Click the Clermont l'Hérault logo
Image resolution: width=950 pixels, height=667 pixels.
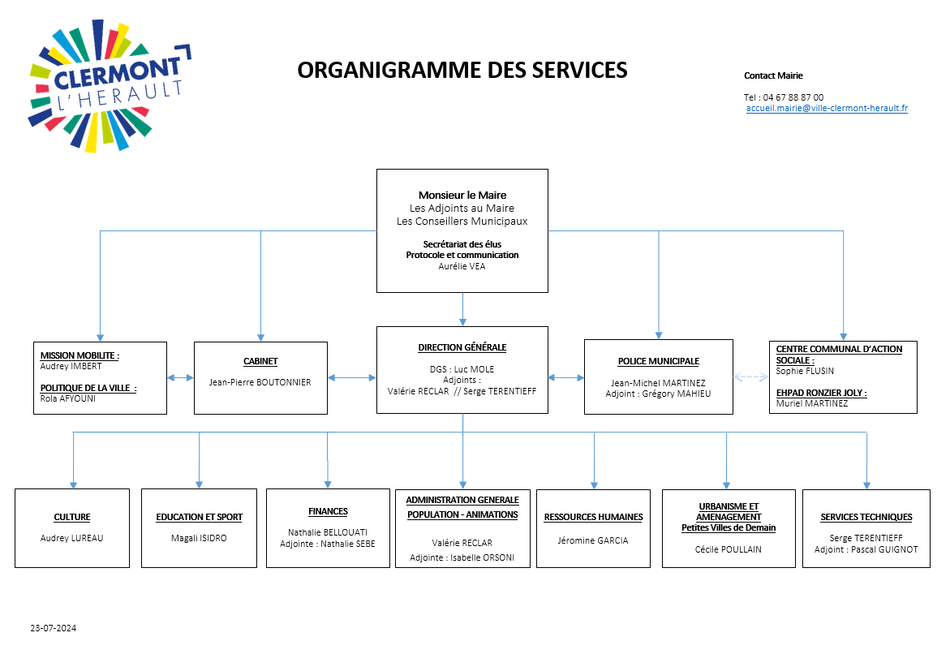(107, 84)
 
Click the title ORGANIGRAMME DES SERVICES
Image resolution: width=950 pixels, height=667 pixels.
(462, 71)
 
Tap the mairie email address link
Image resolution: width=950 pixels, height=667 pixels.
(827, 108)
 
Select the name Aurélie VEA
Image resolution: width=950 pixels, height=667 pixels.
(462, 265)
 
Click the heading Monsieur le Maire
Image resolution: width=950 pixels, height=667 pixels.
(462, 195)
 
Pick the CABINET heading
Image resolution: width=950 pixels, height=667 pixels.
(260, 362)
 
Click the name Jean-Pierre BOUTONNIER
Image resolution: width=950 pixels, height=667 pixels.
(260, 382)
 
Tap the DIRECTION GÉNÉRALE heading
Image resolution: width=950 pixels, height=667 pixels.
(462, 347)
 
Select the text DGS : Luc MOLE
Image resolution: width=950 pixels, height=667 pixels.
(462, 369)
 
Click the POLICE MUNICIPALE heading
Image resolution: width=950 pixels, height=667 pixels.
(658, 362)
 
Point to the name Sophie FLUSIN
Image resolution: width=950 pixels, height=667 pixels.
(804, 371)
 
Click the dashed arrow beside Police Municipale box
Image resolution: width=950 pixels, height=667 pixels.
(750, 377)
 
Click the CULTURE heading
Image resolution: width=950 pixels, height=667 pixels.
(72, 517)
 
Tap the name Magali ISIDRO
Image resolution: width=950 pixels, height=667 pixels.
(199, 538)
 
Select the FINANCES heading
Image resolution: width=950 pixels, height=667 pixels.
(328, 511)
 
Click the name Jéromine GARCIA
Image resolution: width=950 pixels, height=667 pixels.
(593, 540)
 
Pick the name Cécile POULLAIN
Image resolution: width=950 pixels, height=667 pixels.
(728, 549)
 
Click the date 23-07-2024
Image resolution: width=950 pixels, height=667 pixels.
(54, 628)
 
